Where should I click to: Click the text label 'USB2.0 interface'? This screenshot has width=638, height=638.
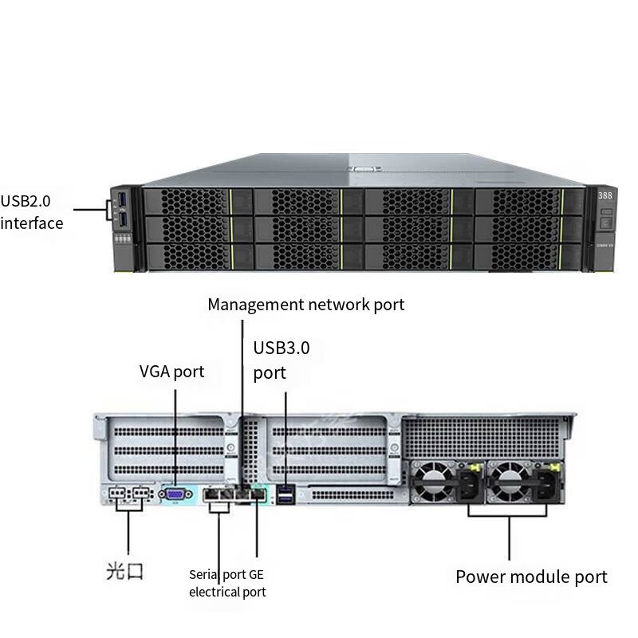pyautogui.click(x=32, y=211)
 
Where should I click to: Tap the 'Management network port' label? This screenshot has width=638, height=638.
pyautogui.click(x=305, y=304)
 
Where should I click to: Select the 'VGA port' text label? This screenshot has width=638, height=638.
pyautogui.click(x=171, y=371)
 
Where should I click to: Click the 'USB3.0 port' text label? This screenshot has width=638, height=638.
pyautogui.click(x=282, y=360)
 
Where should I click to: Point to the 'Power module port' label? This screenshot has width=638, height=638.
pyautogui.click(x=531, y=577)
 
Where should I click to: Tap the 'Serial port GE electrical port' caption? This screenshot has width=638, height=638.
pyautogui.click(x=227, y=583)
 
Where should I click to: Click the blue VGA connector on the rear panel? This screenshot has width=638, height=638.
pyautogui.click(x=174, y=494)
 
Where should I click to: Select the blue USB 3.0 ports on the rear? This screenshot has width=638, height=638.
pyautogui.click(x=285, y=496)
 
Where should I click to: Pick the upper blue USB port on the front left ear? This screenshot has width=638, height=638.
pyautogui.click(x=123, y=199)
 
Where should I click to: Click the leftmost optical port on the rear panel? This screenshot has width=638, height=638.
pyautogui.click(x=117, y=494)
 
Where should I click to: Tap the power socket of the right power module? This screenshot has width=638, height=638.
pyautogui.click(x=549, y=483)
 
